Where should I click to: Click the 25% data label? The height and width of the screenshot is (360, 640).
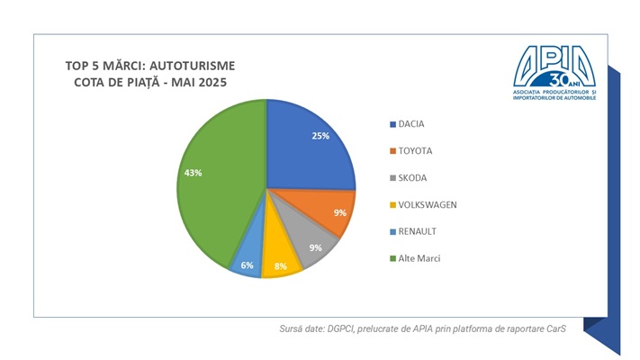[x=320, y=136]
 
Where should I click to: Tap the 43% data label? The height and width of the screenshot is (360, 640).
[x=192, y=172]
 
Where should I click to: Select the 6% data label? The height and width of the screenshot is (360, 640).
[x=246, y=265]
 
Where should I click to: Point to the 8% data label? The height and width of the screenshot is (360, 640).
[x=280, y=267]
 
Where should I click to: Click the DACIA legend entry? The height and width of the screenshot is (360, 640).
[x=411, y=124]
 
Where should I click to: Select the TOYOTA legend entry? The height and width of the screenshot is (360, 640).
[x=416, y=151]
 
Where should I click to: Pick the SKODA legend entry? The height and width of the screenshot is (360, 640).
[x=412, y=178]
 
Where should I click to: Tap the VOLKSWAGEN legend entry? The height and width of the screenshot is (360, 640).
[x=427, y=205]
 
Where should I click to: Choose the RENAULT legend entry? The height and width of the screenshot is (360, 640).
[x=417, y=231]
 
